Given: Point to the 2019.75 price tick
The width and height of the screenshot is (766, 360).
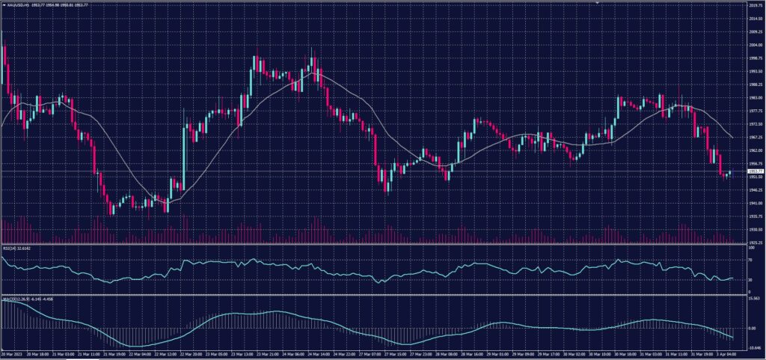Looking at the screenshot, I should click(756, 5).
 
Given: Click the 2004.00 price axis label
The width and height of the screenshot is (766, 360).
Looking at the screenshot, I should click(756, 44).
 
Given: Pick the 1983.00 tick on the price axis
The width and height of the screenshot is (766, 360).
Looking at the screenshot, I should click(756, 97).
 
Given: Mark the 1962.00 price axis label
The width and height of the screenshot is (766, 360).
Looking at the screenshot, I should click(756, 150).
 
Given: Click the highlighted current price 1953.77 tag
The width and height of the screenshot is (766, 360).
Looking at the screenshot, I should click(756, 171).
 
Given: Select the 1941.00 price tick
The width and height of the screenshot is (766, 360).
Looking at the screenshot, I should click(756, 203).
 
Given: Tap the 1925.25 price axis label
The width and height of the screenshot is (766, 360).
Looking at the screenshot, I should click(756, 242).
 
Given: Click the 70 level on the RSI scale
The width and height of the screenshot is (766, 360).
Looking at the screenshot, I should click(750, 259).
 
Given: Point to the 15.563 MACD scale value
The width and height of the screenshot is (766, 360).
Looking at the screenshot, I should click(754, 299).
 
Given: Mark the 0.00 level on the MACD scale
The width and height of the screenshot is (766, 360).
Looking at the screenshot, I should click(752, 328).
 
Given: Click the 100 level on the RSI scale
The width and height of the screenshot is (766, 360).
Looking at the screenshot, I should click(751, 246).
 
